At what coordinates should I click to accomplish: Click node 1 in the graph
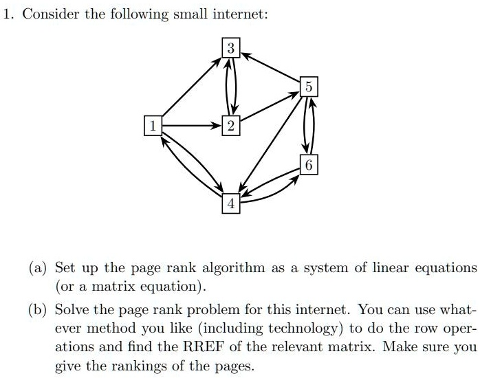(x=153, y=126)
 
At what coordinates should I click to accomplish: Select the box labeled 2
(x=231, y=126)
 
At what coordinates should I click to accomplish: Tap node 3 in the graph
(x=231, y=47)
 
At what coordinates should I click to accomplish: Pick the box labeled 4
(x=231, y=203)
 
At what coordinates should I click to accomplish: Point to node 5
(x=309, y=87)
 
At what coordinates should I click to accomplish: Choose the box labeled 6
(x=309, y=164)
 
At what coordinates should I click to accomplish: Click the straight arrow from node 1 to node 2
(x=192, y=126)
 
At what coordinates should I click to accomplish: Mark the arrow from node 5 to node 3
(x=270, y=67)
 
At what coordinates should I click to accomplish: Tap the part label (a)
(x=38, y=268)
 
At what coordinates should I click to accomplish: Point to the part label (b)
(x=38, y=310)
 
